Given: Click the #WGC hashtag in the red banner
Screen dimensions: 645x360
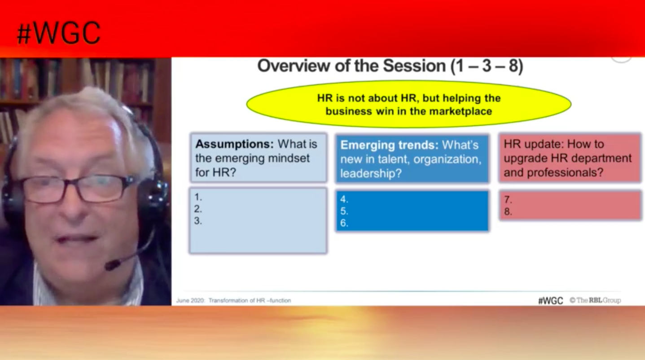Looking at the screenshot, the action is point(59,33).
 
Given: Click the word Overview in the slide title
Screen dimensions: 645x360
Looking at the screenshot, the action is point(294,66).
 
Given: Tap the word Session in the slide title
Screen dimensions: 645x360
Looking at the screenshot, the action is point(414,66).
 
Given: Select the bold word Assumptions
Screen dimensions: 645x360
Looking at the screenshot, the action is point(234,144).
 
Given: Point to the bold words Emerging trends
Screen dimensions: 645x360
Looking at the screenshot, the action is point(389,145).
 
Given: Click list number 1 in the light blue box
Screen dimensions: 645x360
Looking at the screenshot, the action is point(198,197).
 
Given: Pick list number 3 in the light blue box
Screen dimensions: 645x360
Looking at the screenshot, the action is point(198,221).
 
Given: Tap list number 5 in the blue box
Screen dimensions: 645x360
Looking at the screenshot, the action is point(344,211).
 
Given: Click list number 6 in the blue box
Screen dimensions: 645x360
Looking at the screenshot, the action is point(344,223).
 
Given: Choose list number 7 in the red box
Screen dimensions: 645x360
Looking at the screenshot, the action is point(508,200).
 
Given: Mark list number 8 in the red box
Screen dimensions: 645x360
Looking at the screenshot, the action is point(508,212).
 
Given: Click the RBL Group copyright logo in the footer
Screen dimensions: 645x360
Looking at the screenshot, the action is point(595,300).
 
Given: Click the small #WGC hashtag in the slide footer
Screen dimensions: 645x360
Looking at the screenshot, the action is point(551,301).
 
